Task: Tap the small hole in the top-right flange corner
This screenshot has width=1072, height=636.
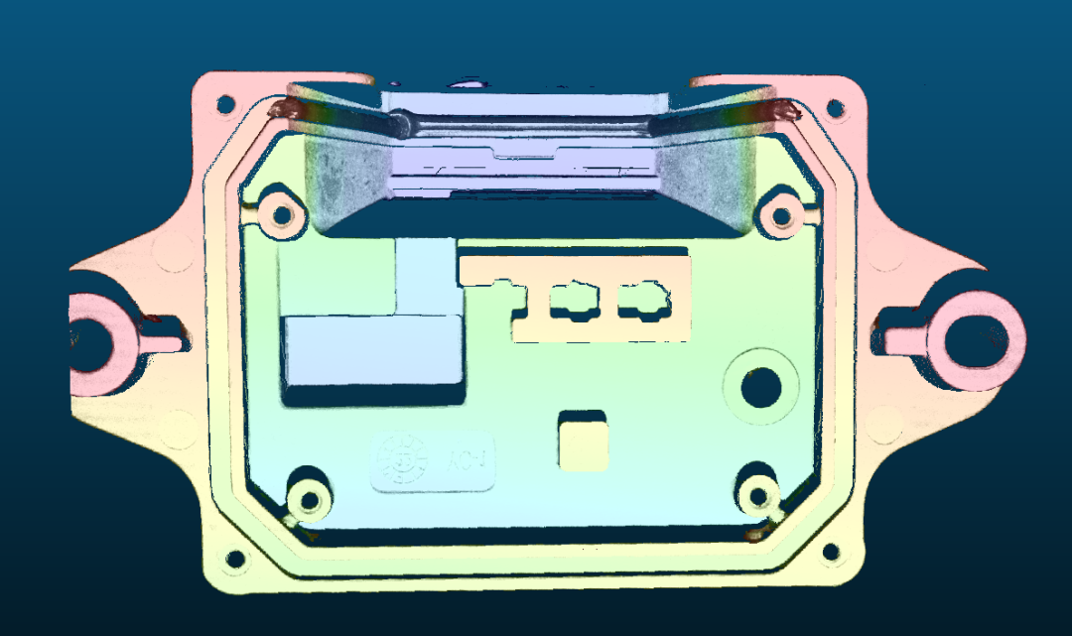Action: coord(834,107)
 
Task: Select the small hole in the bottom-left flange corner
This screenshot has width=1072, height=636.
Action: coord(235,561)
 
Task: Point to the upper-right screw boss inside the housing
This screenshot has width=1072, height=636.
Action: coord(782,214)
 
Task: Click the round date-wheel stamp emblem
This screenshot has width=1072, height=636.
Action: coord(404,459)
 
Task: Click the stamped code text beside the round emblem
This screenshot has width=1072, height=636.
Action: coord(467,460)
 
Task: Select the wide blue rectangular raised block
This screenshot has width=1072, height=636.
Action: coord(374,356)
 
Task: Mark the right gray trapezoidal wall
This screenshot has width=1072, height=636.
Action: coord(707,179)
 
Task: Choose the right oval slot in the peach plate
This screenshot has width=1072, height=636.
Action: coord(641,298)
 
